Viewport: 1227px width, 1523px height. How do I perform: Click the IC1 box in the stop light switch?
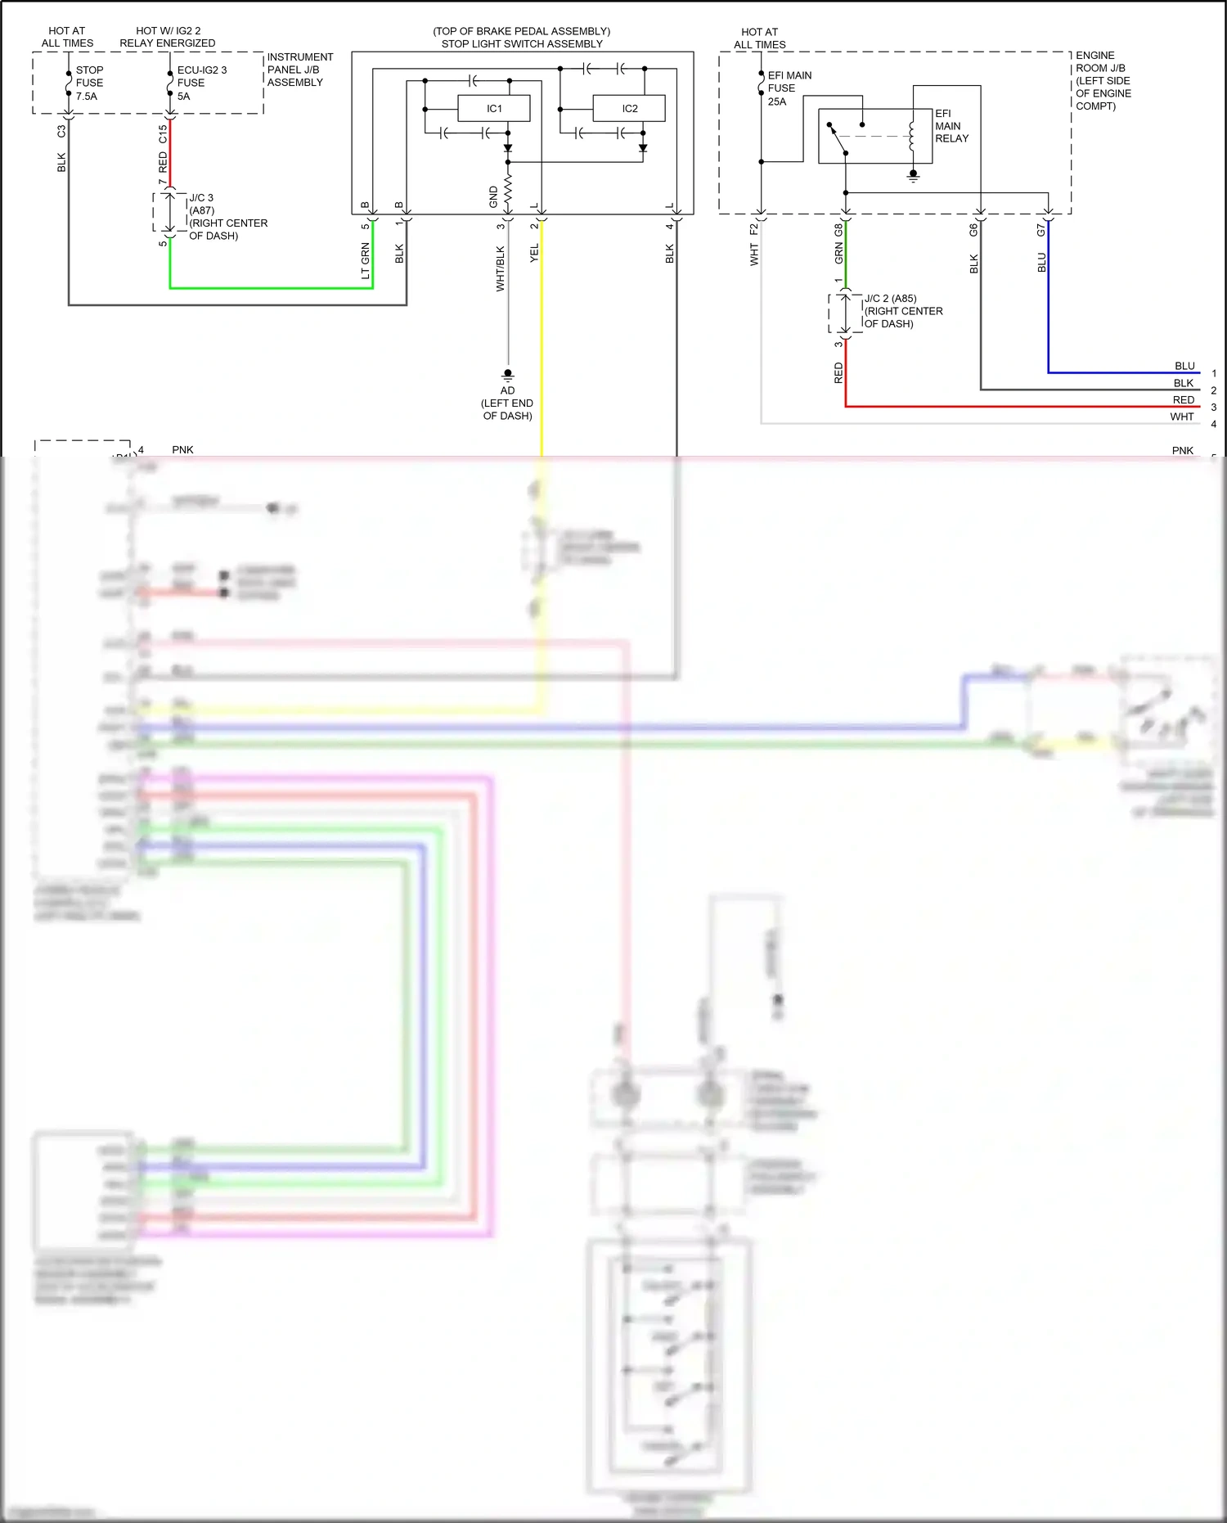[x=494, y=109]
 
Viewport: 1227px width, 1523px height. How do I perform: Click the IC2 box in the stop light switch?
[x=629, y=109]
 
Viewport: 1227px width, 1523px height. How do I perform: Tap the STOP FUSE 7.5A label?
[x=89, y=83]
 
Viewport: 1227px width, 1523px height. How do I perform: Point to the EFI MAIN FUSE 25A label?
[x=789, y=88]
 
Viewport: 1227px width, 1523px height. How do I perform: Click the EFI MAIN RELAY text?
[x=951, y=126]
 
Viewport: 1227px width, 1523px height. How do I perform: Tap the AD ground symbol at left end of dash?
[x=508, y=376]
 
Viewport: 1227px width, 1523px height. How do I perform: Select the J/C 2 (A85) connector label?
[x=891, y=299]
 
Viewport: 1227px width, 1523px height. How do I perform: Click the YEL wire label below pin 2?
[x=534, y=253]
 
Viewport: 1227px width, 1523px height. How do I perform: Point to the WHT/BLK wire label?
[x=500, y=268]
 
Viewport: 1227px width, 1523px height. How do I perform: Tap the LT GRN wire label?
[x=365, y=261]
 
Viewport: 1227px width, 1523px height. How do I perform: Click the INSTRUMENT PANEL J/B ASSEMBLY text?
[x=299, y=70]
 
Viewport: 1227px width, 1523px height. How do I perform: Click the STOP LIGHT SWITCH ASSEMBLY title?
[x=522, y=44]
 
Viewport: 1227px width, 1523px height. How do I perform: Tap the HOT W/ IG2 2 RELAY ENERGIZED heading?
[x=168, y=37]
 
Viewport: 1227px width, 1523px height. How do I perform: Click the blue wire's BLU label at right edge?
[x=1184, y=366]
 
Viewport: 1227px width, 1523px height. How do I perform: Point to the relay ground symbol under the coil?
[x=914, y=175]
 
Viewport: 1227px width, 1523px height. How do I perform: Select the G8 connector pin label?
[x=838, y=231]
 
